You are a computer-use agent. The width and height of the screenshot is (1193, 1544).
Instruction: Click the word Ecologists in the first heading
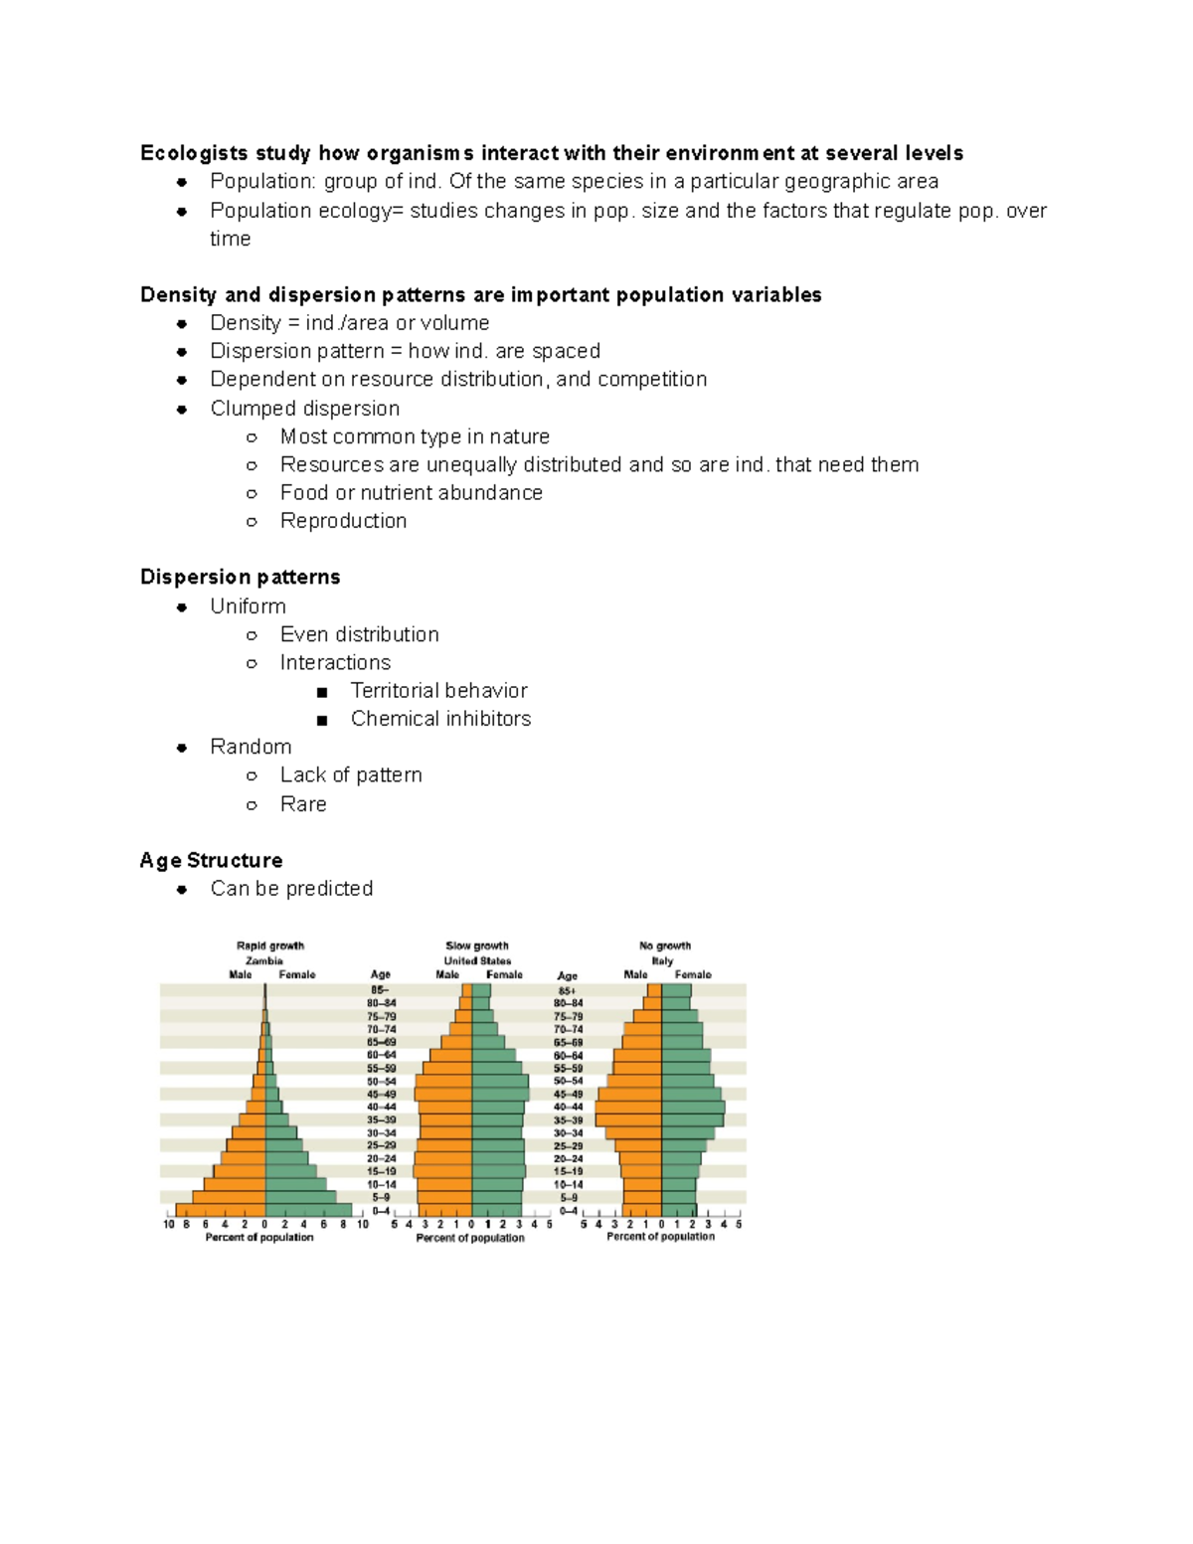point(194,153)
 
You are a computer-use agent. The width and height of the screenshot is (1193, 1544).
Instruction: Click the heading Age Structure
point(211,860)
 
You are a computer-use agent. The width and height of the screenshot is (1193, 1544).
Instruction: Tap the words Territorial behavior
point(438,690)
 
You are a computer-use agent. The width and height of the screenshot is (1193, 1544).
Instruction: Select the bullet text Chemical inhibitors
point(440,718)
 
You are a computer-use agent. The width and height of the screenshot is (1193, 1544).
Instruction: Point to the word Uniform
point(248,606)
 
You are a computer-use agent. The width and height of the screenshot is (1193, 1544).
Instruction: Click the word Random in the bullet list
point(251,747)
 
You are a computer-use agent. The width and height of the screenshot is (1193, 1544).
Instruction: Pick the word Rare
point(303,803)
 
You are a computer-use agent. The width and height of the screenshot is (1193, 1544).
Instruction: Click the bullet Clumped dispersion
point(304,409)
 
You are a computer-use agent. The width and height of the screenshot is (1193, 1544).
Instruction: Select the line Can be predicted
point(291,888)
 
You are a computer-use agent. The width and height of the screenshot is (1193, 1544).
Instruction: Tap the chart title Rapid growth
point(270,945)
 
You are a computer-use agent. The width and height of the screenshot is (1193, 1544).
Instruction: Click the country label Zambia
point(264,960)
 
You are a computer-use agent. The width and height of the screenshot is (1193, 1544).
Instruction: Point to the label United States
point(477,960)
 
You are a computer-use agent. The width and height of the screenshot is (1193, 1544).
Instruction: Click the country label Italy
point(662,960)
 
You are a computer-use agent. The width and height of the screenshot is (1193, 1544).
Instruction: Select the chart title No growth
point(665,945)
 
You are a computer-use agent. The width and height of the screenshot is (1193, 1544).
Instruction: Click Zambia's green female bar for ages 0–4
point(308,1210)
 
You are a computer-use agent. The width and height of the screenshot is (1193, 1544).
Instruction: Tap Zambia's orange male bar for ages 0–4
point(221,1210)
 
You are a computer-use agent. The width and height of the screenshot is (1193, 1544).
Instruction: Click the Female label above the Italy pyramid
point(693,974)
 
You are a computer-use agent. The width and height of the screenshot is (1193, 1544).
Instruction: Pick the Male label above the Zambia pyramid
point(241,974)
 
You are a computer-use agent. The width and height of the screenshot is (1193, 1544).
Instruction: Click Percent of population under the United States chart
point(470,1238)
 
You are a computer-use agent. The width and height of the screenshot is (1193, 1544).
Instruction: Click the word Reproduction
point(343,521)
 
